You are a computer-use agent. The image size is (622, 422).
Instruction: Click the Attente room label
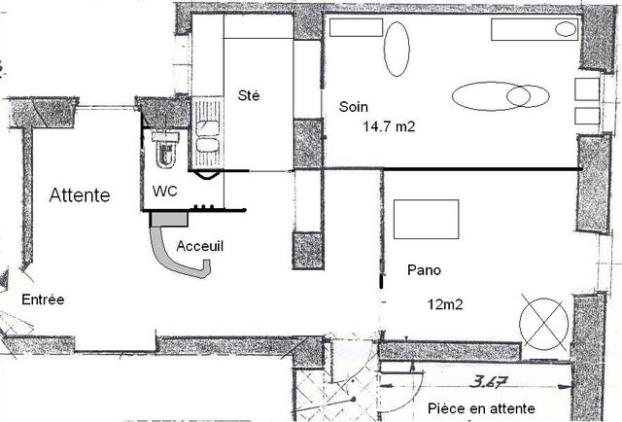[80, 195]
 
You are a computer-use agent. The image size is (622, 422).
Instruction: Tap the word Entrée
[43, 299]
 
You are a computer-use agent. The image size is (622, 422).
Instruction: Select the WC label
[165, 192]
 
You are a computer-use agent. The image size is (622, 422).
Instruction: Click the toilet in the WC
[165, 149]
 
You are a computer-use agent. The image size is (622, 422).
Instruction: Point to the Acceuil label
[200, 246]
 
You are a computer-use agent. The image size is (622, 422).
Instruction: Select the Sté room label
[249, 95]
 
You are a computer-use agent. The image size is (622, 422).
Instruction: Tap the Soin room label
[354, 107]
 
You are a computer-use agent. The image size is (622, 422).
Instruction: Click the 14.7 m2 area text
[389, 126]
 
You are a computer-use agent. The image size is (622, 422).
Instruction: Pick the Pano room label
[424, 270]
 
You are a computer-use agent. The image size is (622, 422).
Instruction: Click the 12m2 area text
[445, 305]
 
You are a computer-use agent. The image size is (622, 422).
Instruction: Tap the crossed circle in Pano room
[544, 324]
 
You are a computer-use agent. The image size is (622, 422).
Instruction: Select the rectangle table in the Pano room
[426, 219]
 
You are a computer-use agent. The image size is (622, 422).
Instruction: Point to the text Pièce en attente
[481, 408]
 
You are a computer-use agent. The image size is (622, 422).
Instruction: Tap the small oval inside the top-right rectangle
[566, 29]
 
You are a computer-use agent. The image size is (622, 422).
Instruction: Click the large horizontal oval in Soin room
[491, 96]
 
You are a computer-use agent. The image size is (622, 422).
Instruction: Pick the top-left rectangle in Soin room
[357, 27]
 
